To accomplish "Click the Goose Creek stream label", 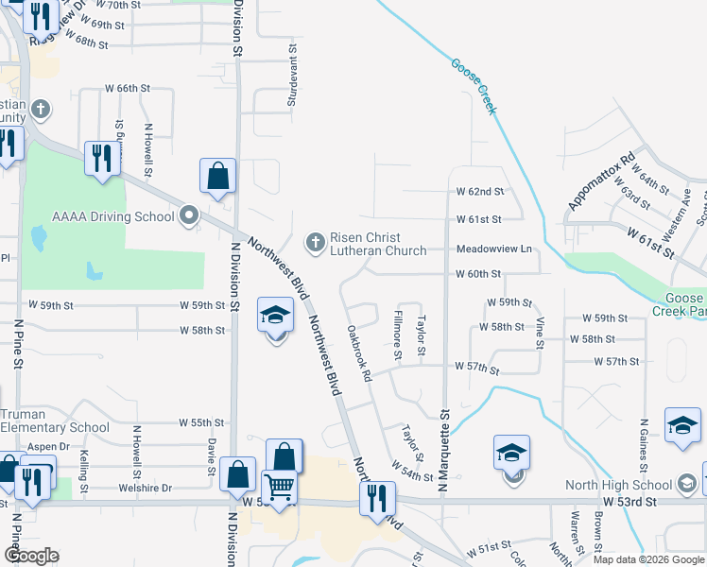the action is click(474, 88).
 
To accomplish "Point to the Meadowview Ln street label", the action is click(494, 249).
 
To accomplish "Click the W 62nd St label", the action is click(480, 191).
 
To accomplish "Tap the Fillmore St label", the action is click(398, 335).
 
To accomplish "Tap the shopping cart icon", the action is click(280, 488).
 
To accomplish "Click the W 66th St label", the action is click(128, 88).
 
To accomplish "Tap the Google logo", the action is click(32, 555).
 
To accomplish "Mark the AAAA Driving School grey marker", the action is click(189, 216).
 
